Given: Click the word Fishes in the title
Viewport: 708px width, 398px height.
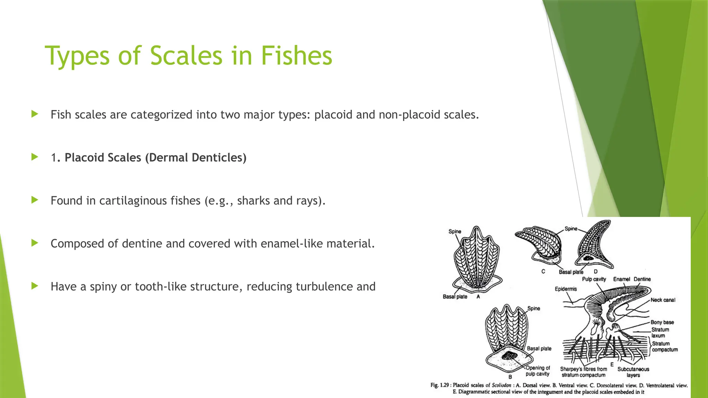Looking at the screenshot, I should (296, 56).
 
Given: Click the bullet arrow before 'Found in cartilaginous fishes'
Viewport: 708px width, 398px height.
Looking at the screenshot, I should (35, 200).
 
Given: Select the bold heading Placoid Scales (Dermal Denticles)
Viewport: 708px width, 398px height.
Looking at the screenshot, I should (155, 158).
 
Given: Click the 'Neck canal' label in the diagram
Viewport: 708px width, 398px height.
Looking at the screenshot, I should (662, 300).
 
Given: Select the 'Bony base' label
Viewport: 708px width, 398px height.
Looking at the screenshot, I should (662, 322).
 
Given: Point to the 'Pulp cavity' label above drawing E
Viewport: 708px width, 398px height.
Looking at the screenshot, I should (594, 279).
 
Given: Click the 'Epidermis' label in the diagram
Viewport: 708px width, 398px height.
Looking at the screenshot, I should (566, 289).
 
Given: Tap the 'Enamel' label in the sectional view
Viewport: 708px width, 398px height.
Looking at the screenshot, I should (622, 279).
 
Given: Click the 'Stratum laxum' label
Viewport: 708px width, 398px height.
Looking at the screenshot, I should (660, 332).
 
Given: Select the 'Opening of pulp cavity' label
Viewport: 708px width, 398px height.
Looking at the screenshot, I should (538, 371).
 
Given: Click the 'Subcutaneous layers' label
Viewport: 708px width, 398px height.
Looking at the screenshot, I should (633, 372).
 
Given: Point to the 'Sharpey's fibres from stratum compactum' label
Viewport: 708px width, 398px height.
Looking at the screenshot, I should (584, 372).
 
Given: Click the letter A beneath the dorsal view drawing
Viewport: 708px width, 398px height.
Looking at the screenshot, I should (478, 297).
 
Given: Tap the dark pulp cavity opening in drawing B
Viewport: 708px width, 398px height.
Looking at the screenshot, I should (507, 356).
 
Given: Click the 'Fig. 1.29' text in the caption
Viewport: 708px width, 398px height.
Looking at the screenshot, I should (440, 385).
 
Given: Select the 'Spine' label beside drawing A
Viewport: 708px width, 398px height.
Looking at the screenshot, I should (455, 231).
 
